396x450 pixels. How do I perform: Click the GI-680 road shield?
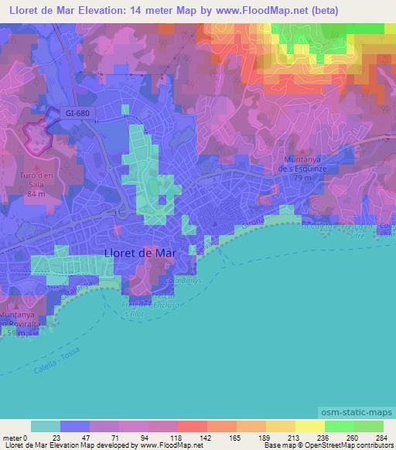coord(77,113)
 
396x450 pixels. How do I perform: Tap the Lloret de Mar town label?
coord(139,252)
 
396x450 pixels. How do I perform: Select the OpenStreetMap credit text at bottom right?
coord(362,445)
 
